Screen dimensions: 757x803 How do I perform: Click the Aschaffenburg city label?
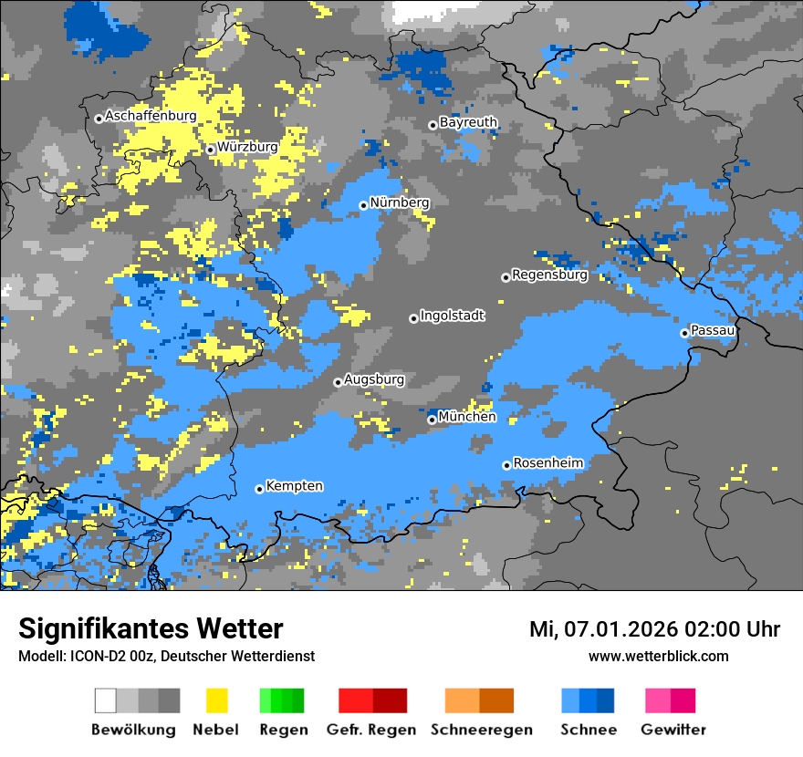pos(151,117)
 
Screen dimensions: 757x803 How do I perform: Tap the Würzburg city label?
pos(247,147)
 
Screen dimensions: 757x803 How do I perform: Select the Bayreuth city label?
pos(468,122)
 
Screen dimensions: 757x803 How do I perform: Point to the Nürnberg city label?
pos(399,202)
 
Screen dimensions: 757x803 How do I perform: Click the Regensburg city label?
pos(549,275)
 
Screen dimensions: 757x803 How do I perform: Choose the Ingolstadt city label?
pos(453,316)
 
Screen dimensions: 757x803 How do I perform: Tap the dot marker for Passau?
pos(684,333)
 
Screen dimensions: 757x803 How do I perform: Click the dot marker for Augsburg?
pos(338,382)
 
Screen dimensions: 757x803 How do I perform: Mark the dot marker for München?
pos(432,420)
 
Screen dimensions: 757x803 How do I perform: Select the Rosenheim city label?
pos(547,463)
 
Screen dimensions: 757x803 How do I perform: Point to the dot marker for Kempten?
pos(259,489)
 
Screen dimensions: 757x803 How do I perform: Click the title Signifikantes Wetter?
pos(151,629)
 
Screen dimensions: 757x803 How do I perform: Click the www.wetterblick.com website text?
pos(658,656)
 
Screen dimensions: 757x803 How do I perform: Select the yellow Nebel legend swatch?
pos(216,700)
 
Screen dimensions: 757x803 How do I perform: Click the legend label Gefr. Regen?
pos(372,730)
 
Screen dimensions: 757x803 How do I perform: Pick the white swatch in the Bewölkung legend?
pos(106,700)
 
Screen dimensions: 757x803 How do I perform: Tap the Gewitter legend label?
pos(673,730)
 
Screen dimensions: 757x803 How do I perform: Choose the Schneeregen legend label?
pos(480,730)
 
